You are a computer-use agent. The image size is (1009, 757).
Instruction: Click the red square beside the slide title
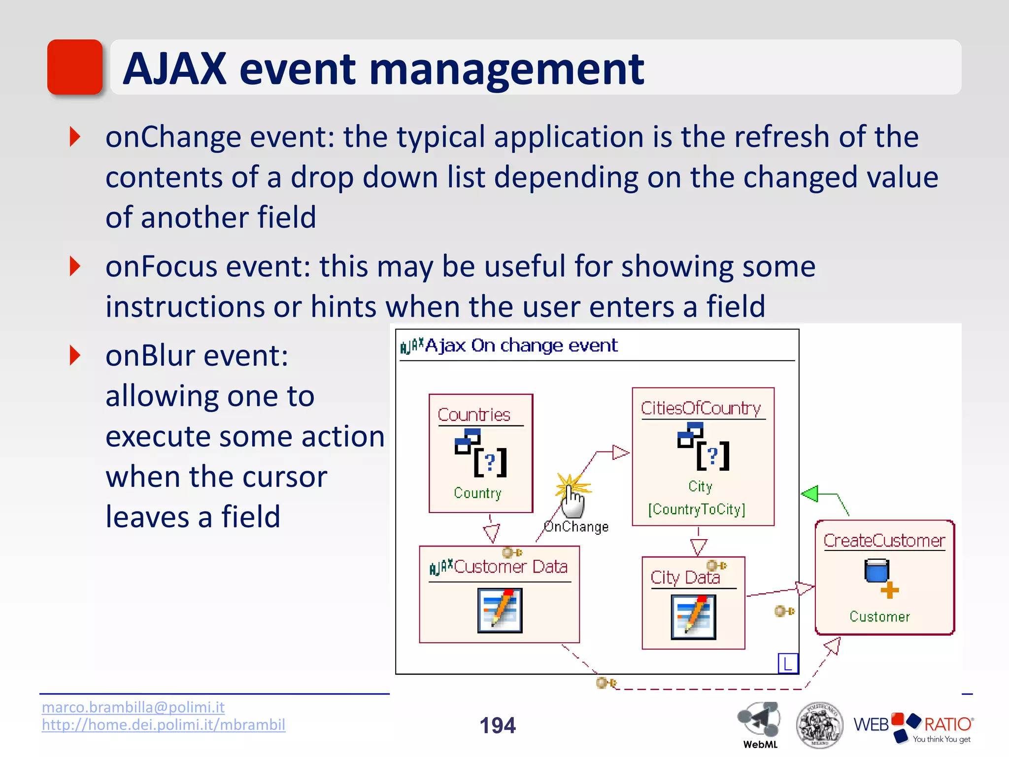(x=75, y=67)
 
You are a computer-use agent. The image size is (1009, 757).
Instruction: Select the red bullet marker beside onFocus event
(x=75, y=266)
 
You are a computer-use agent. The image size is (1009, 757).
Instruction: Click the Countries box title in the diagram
(x=474, y=415)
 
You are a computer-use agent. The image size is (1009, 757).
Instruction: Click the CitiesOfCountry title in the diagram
(x=701, y=408)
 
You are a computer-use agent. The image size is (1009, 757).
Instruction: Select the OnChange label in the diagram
(x=576, y=527)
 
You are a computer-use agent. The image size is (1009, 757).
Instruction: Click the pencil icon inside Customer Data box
(x=500, y=610)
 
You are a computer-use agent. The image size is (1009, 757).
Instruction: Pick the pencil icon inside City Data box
(x=693, y=617)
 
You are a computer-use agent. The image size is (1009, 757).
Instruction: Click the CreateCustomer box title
(x=884, y=541)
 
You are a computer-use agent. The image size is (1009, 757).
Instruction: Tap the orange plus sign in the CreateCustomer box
(x=889, y=590)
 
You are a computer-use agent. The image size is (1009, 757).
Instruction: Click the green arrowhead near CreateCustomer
(x=810, y=493)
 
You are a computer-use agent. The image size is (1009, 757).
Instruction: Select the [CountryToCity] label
(x=697, y=509)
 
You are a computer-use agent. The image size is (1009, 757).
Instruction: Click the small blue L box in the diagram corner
(x=787, y=663)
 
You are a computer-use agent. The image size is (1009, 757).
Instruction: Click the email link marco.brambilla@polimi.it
(x=133, y=707)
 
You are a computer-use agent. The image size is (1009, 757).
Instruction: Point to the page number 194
(x=498, y=725)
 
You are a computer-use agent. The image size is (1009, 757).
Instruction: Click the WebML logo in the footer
(x=759, y=723)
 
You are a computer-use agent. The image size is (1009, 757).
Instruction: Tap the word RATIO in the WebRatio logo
(x=947, y=724)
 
